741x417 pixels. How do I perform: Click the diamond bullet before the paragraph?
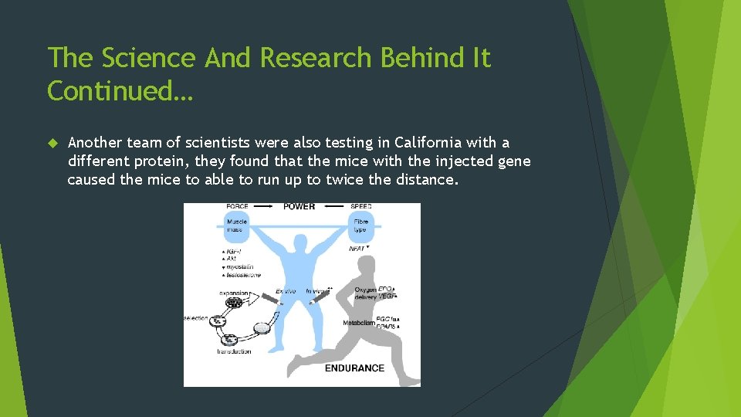pyautogui.click(x=53, y=143)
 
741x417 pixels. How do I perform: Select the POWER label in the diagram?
pyautogui.click(x=299, y=207)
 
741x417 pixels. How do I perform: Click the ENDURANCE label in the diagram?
pyautogui.click(x=354, y=368)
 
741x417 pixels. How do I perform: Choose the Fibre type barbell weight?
pyautogui.click(x=361, y=225)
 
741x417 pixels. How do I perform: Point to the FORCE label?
pyautogui.click(x=237, y=207)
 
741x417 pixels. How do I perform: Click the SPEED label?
pyautogui.click(x=360, y=207)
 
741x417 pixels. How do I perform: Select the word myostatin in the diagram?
pyautogui.click(x=240, y=267)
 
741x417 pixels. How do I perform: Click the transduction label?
pyautogui.click(x=234, y=352)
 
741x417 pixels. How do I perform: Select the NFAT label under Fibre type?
pyautogui.click(x=357, y=249)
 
